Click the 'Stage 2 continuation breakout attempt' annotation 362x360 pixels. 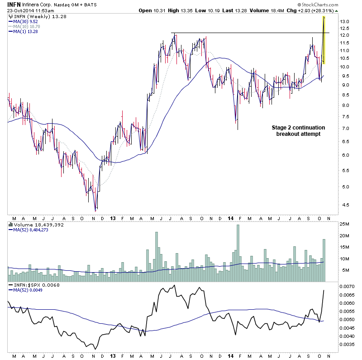pos(298,130)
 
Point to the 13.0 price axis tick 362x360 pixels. pos(345,22)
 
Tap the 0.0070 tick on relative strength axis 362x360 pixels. pos(346,287)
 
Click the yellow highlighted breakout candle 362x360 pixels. pos(324,40)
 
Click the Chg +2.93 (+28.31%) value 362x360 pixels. pos(334,10)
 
